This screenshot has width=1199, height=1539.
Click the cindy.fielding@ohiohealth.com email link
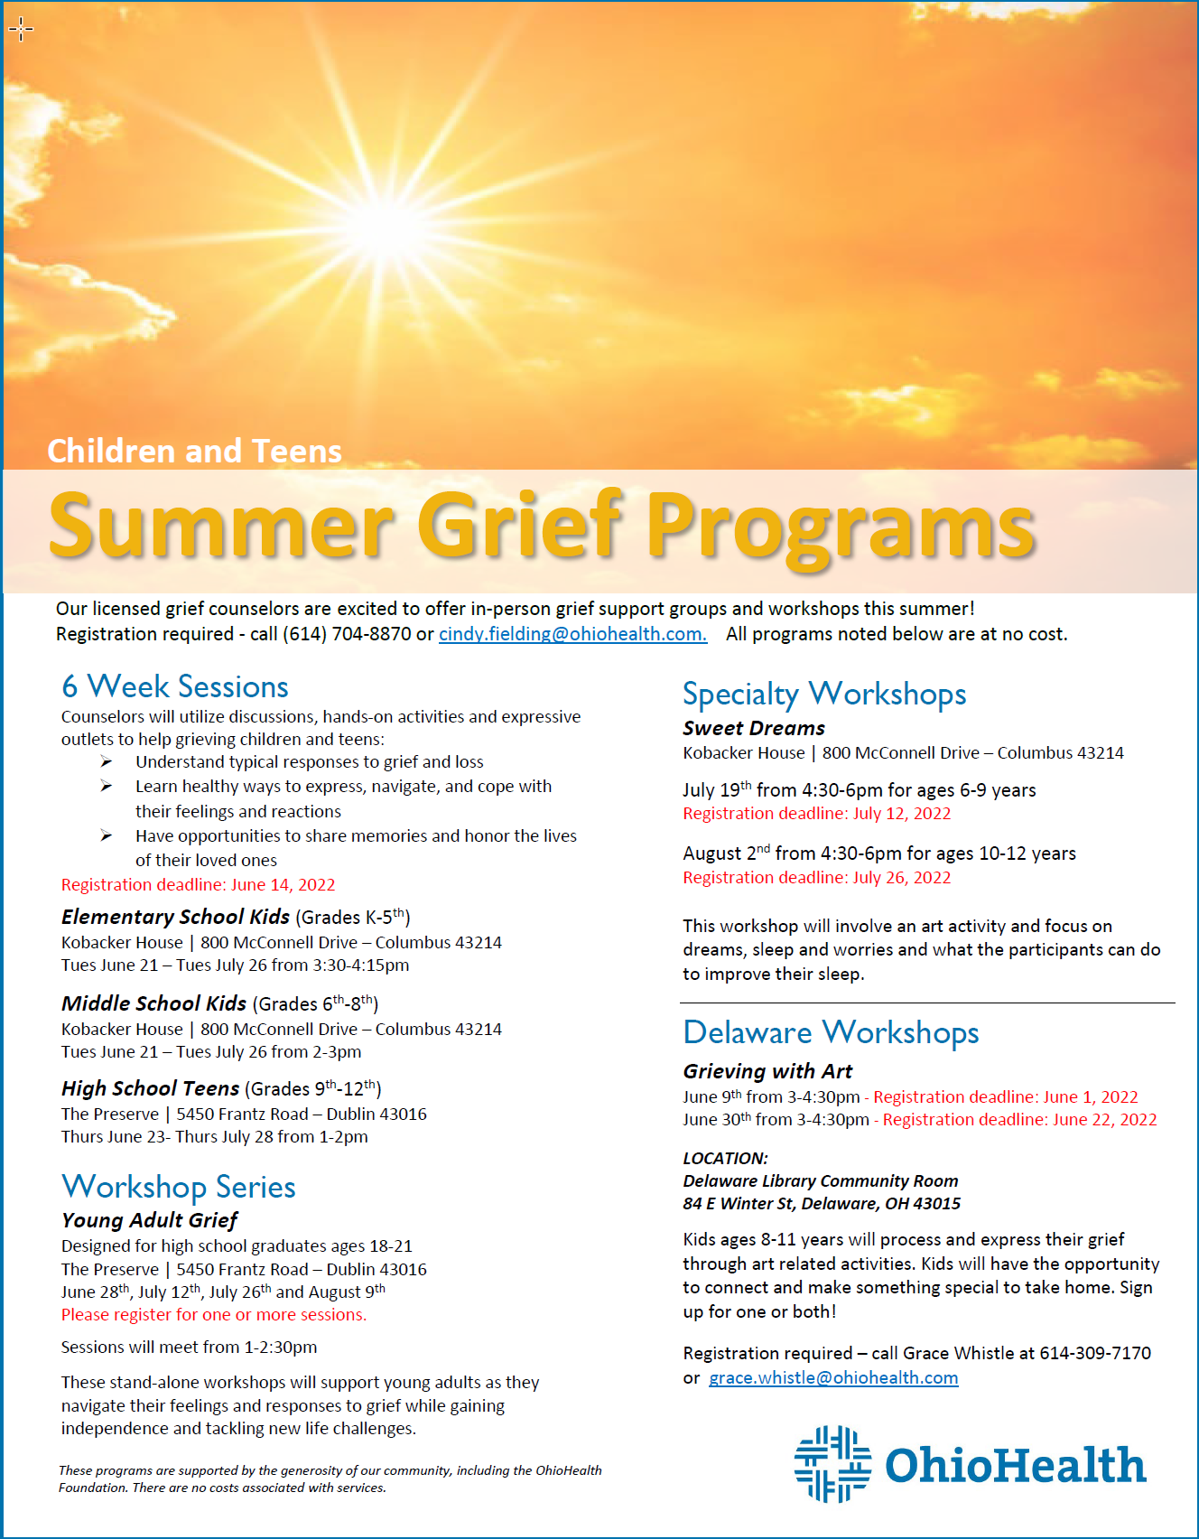(572, 634)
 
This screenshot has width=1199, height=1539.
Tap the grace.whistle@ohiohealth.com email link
(833, 1378)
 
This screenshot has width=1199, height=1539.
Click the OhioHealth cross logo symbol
(832, 1464)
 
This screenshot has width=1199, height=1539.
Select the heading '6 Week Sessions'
(175, 686)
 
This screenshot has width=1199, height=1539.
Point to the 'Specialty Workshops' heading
(824, 694)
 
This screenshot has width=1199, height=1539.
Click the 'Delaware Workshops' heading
(831, 1032)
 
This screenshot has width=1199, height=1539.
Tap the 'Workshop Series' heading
(179, 1187)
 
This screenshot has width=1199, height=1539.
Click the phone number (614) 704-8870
(348, 634)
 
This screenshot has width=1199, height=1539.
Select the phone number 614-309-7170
(1095, 1353)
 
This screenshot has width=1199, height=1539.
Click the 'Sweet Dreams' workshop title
(754, 728)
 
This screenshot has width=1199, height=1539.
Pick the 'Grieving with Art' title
(767, 1071)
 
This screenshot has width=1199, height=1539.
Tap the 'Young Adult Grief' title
(149, 1220)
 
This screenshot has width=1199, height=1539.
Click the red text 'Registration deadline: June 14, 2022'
(198, 885)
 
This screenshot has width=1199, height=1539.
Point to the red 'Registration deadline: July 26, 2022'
(816, 878)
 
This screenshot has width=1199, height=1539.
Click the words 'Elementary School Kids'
(175, 917)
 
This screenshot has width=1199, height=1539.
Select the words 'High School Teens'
(150, 1088)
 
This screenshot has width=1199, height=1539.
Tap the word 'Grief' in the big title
(521, 527)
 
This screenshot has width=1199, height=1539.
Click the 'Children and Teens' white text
(194, 451)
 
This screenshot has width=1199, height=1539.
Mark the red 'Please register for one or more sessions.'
(214, 1315)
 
